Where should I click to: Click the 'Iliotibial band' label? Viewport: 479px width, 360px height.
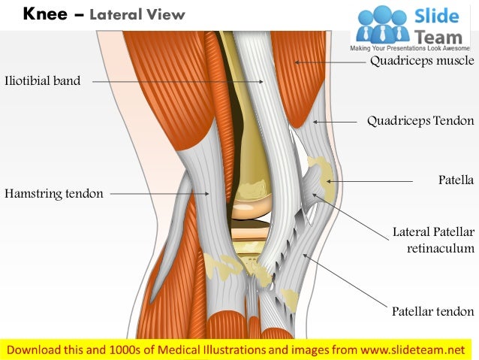[42, 81]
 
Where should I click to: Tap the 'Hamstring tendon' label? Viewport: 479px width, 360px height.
[53, 194]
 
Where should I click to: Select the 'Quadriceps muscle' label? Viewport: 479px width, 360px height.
[422, 62]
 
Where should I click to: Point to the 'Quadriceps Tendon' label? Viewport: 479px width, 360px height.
[420, 120]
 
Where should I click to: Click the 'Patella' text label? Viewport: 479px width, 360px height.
[456, 180]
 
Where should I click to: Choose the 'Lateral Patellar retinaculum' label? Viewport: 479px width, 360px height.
[433, 240]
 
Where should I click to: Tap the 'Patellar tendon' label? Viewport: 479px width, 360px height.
[432, 311]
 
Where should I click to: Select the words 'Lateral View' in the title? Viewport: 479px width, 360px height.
[137, 15]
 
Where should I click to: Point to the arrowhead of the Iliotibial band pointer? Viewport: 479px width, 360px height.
[262, 81]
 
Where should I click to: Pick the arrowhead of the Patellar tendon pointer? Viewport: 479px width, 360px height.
[303, 256]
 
